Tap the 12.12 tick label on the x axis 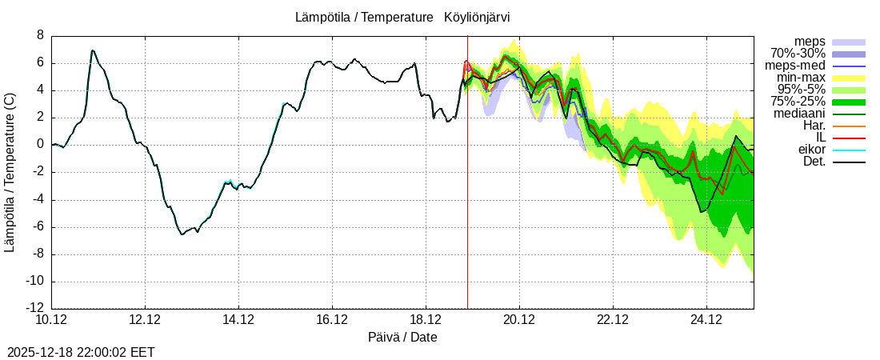[x=145, y=320]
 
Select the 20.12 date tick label [x=519, y=320]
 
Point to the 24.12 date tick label [x=706, y=320]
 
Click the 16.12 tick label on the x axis [x=332, y=320]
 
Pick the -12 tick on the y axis [x=35, y=308]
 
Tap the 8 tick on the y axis [x=40, y=35]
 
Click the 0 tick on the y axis [x=40, y=145]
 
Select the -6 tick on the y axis [x=38, y=226]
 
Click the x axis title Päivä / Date [x=402, y=338]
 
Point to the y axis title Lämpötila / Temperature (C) [x=10, y=172]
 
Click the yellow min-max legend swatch [x=849, y=78]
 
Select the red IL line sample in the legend [x=849, y=138]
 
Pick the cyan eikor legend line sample [x=849, y=150]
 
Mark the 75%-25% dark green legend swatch [x=849, y=102]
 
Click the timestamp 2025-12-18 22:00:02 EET [x=81, y=352]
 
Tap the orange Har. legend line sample [x=849, y=126]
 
